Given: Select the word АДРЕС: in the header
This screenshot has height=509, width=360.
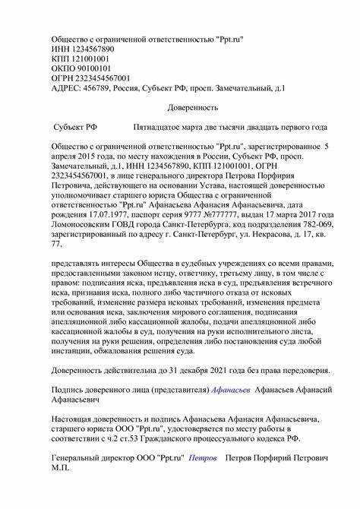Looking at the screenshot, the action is tap(67, 88).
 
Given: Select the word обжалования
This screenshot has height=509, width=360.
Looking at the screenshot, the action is tap(121, 353).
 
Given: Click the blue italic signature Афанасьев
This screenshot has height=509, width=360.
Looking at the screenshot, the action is tap(232, 390).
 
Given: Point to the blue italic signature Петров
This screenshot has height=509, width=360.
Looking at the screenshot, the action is tap(203, 460).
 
